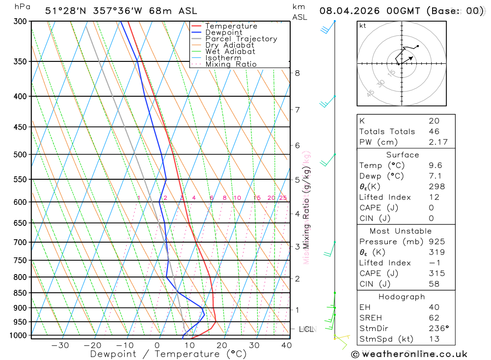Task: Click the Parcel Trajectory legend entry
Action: (x=241, y=39)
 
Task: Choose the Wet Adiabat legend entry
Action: (x=230, y=52)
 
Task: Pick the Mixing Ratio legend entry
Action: (x=231, y=64)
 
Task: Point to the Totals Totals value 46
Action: (x=434, y=132)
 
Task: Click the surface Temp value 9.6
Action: (x=435, y=166)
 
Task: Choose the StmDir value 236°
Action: (x=437, y=329)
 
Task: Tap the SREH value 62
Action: (x=434, y=318)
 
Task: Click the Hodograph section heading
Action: (x=402, y=297)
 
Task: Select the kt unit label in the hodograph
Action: (x=363, y=26)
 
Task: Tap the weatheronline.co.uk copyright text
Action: (x=409, y=354)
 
